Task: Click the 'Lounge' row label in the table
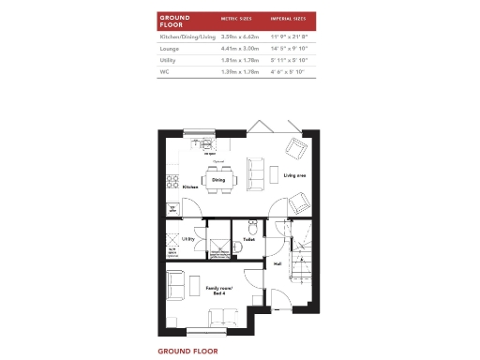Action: [171, 48]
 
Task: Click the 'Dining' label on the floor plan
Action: [217, 180]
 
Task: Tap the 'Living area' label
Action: [295, 174]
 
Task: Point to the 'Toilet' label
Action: [248, 240]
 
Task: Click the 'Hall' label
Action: [277, 264]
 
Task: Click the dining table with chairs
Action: [217, 179]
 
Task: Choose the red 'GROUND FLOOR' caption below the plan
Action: [187, 351]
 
